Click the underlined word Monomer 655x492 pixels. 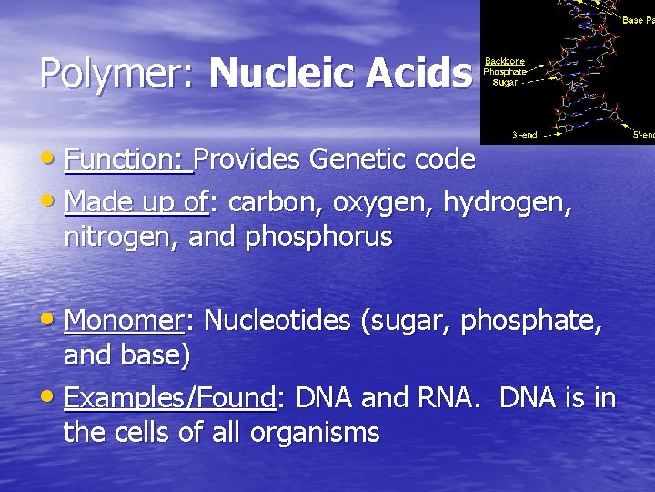[125, 321]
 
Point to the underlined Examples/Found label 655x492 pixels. [170, 399]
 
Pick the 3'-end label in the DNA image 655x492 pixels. [525, 135]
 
